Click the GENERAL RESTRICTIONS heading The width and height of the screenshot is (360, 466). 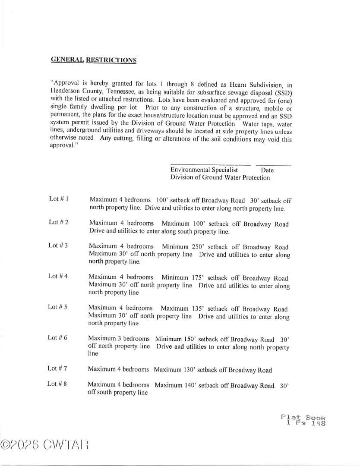pyautogui.click(x=94, y=60)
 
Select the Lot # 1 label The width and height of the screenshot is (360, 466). pyautogui.click(x=59, y=199)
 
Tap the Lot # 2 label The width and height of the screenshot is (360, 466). pyautogui.click(x=59, y=222)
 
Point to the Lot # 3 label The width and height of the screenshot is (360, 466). pyautogui.click(x=58, y=246)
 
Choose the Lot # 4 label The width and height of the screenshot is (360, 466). pyautogui.click(x=58, y=276)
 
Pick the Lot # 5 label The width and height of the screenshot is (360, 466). pyautogui.click(x=57, y=307)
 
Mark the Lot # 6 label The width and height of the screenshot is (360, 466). pyautogui.click(x=57, y=337)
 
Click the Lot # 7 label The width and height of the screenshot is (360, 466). pyautogui.click(x=57, y=368)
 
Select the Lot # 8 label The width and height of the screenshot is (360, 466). pyautogui.click(x=57, y=383)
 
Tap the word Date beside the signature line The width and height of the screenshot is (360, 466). pyautogui.click(x=267, y=170)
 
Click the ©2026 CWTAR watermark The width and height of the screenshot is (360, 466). pyautogui.click(x=45, y=444)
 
